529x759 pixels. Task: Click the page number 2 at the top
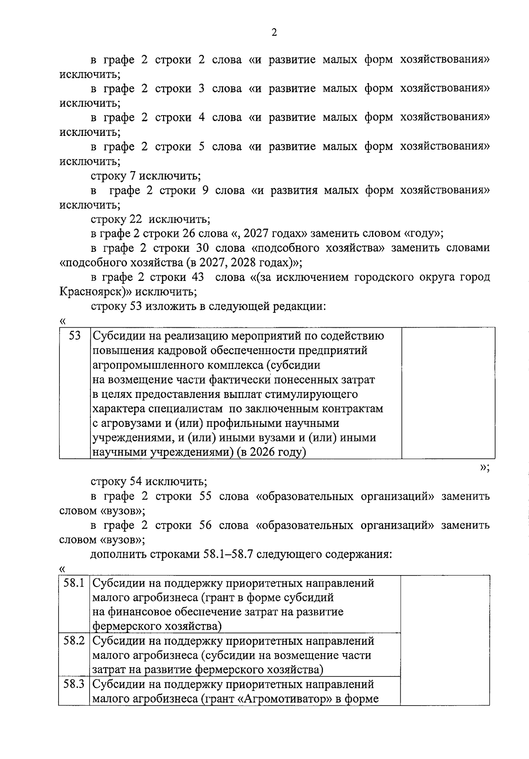click(x=274, y=33)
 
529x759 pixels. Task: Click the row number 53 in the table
click(x=75, y=336)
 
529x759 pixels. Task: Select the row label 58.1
click(x=74, y=583)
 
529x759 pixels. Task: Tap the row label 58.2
click(x=74, y=640)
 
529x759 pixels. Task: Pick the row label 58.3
click(x=74, y=684)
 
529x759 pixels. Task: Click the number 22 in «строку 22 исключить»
click(x=135, y=219)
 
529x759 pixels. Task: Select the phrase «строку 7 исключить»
click(x=145, y=176)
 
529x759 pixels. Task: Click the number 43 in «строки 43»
click(x=198, y=277)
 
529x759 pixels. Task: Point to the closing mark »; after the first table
click(x=484, y=467)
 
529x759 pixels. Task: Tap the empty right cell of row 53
click(x=448, y=393)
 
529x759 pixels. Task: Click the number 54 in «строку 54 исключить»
click(x=135, y=482)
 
